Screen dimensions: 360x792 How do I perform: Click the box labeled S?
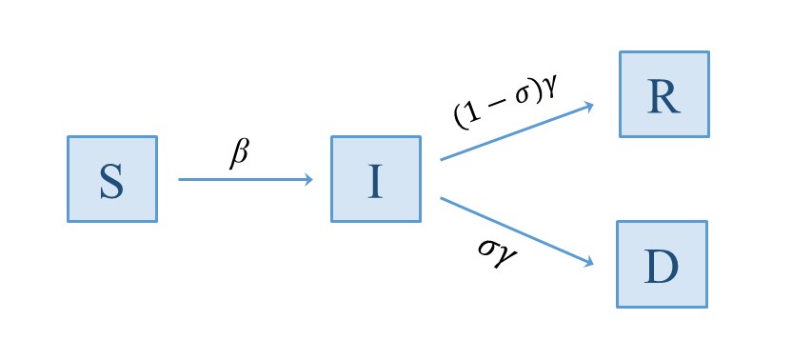111,179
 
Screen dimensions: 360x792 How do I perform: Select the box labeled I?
375,179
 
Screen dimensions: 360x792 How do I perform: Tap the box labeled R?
663,94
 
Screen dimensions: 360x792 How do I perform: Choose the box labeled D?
662,264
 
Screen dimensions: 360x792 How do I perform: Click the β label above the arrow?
240,153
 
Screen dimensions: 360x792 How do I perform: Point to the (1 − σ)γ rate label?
505,101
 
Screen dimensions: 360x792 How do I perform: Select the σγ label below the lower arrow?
499,250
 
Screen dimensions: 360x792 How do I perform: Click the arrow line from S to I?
243,179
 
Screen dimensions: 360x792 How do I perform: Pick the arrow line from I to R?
514,131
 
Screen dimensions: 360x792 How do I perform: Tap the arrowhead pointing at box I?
307,179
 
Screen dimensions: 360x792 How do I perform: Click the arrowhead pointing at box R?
589,105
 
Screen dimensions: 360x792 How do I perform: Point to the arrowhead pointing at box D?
589,261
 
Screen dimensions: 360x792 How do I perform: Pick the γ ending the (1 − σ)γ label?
548,84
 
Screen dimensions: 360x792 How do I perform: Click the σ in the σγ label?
487,246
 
